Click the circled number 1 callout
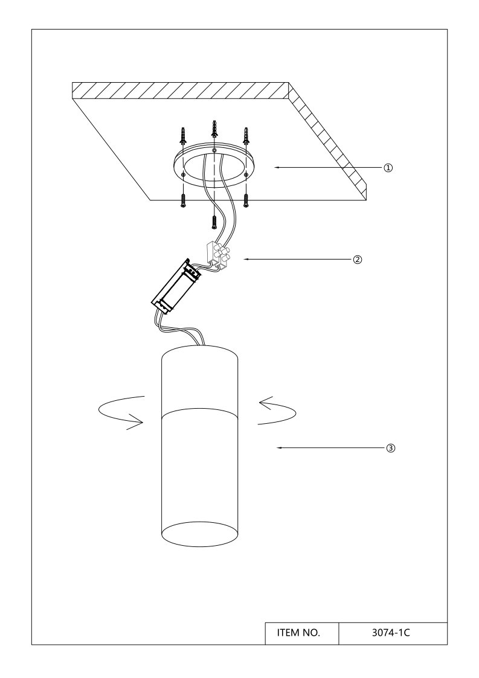pos(388,168)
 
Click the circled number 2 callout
pos(358,260)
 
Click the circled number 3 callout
pos(390,448)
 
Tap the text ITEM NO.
pos(298,633)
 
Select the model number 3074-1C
pos(391,633)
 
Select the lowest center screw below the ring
pos(214,222)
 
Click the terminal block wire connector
pos(217,255)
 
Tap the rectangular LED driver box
pos(175,286)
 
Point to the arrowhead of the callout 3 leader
pos(279,448)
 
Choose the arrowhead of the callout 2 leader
pos(246,260)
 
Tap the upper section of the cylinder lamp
pos(200,380)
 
